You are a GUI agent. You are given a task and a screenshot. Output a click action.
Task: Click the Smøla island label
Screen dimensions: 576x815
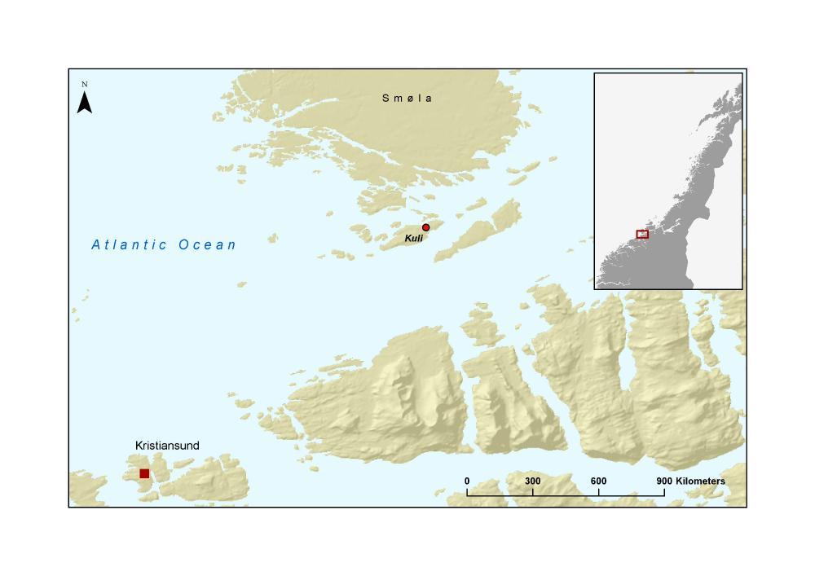[x=407, y=99]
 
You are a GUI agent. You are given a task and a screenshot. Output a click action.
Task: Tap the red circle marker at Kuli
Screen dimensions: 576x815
[x=425, y=227]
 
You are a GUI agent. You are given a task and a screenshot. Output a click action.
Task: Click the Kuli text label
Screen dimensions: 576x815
[x=414, y=238]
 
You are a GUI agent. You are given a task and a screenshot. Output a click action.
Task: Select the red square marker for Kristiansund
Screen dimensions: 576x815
[x=144, y=473]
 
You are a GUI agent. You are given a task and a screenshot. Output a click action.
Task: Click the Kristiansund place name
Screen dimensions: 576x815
[x=167, y=446]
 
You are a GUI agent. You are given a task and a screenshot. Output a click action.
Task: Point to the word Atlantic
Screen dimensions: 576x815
[x=130, y=244]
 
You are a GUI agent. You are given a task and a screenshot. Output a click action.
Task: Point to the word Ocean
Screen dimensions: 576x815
[x=208, y=244]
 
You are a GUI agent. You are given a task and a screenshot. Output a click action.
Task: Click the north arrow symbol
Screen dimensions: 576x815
[x=84, y=103]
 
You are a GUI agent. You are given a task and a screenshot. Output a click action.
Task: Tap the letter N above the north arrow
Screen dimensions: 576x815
[x=84, y=84]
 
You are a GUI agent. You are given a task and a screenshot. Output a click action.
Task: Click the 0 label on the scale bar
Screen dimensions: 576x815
[x=467, y=481]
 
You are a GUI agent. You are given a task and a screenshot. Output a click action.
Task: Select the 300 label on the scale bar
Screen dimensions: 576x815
[x=532, y=481]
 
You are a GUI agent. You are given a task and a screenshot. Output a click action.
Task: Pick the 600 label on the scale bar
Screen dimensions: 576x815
[x=598, y=481]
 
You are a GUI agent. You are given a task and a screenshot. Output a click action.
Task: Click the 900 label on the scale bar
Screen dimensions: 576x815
[x=664, y=481]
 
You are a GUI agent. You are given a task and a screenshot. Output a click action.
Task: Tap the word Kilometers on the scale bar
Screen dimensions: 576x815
[x=700, y=481]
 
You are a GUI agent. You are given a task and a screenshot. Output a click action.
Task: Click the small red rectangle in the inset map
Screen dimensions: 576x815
[x=642, y=234]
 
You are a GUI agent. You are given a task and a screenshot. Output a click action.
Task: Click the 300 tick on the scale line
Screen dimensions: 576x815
[x=533, y=491]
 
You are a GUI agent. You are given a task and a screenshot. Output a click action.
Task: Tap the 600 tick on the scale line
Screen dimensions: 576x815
[x=599, y=491]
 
